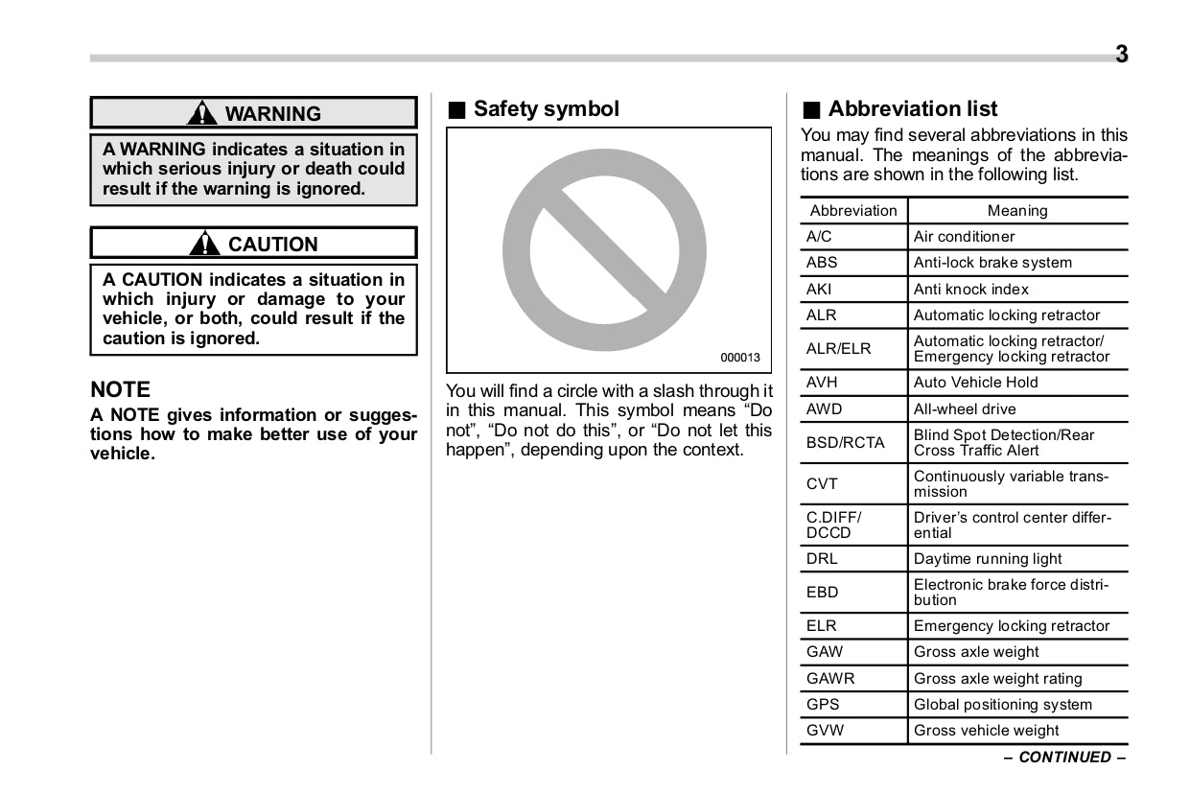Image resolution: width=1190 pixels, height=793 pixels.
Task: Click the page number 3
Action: pos(1121,55)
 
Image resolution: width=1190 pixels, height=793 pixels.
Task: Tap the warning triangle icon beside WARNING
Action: pos(202,113)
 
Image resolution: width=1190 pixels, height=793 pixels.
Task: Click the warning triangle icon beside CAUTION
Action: pos(204,244)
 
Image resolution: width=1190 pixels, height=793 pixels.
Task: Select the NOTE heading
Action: pos(121,389)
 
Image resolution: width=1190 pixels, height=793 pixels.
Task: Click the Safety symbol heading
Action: pos(546,109)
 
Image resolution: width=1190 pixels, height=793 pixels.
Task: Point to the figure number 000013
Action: pos(740,358)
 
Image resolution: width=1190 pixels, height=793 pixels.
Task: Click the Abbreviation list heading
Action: pos(912,109)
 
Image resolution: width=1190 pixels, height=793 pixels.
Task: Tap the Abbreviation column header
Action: pos(853,211)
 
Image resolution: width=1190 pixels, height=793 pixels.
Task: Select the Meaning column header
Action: pos(1017,211)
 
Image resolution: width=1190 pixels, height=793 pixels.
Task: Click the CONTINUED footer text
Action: pos(1064,758)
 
